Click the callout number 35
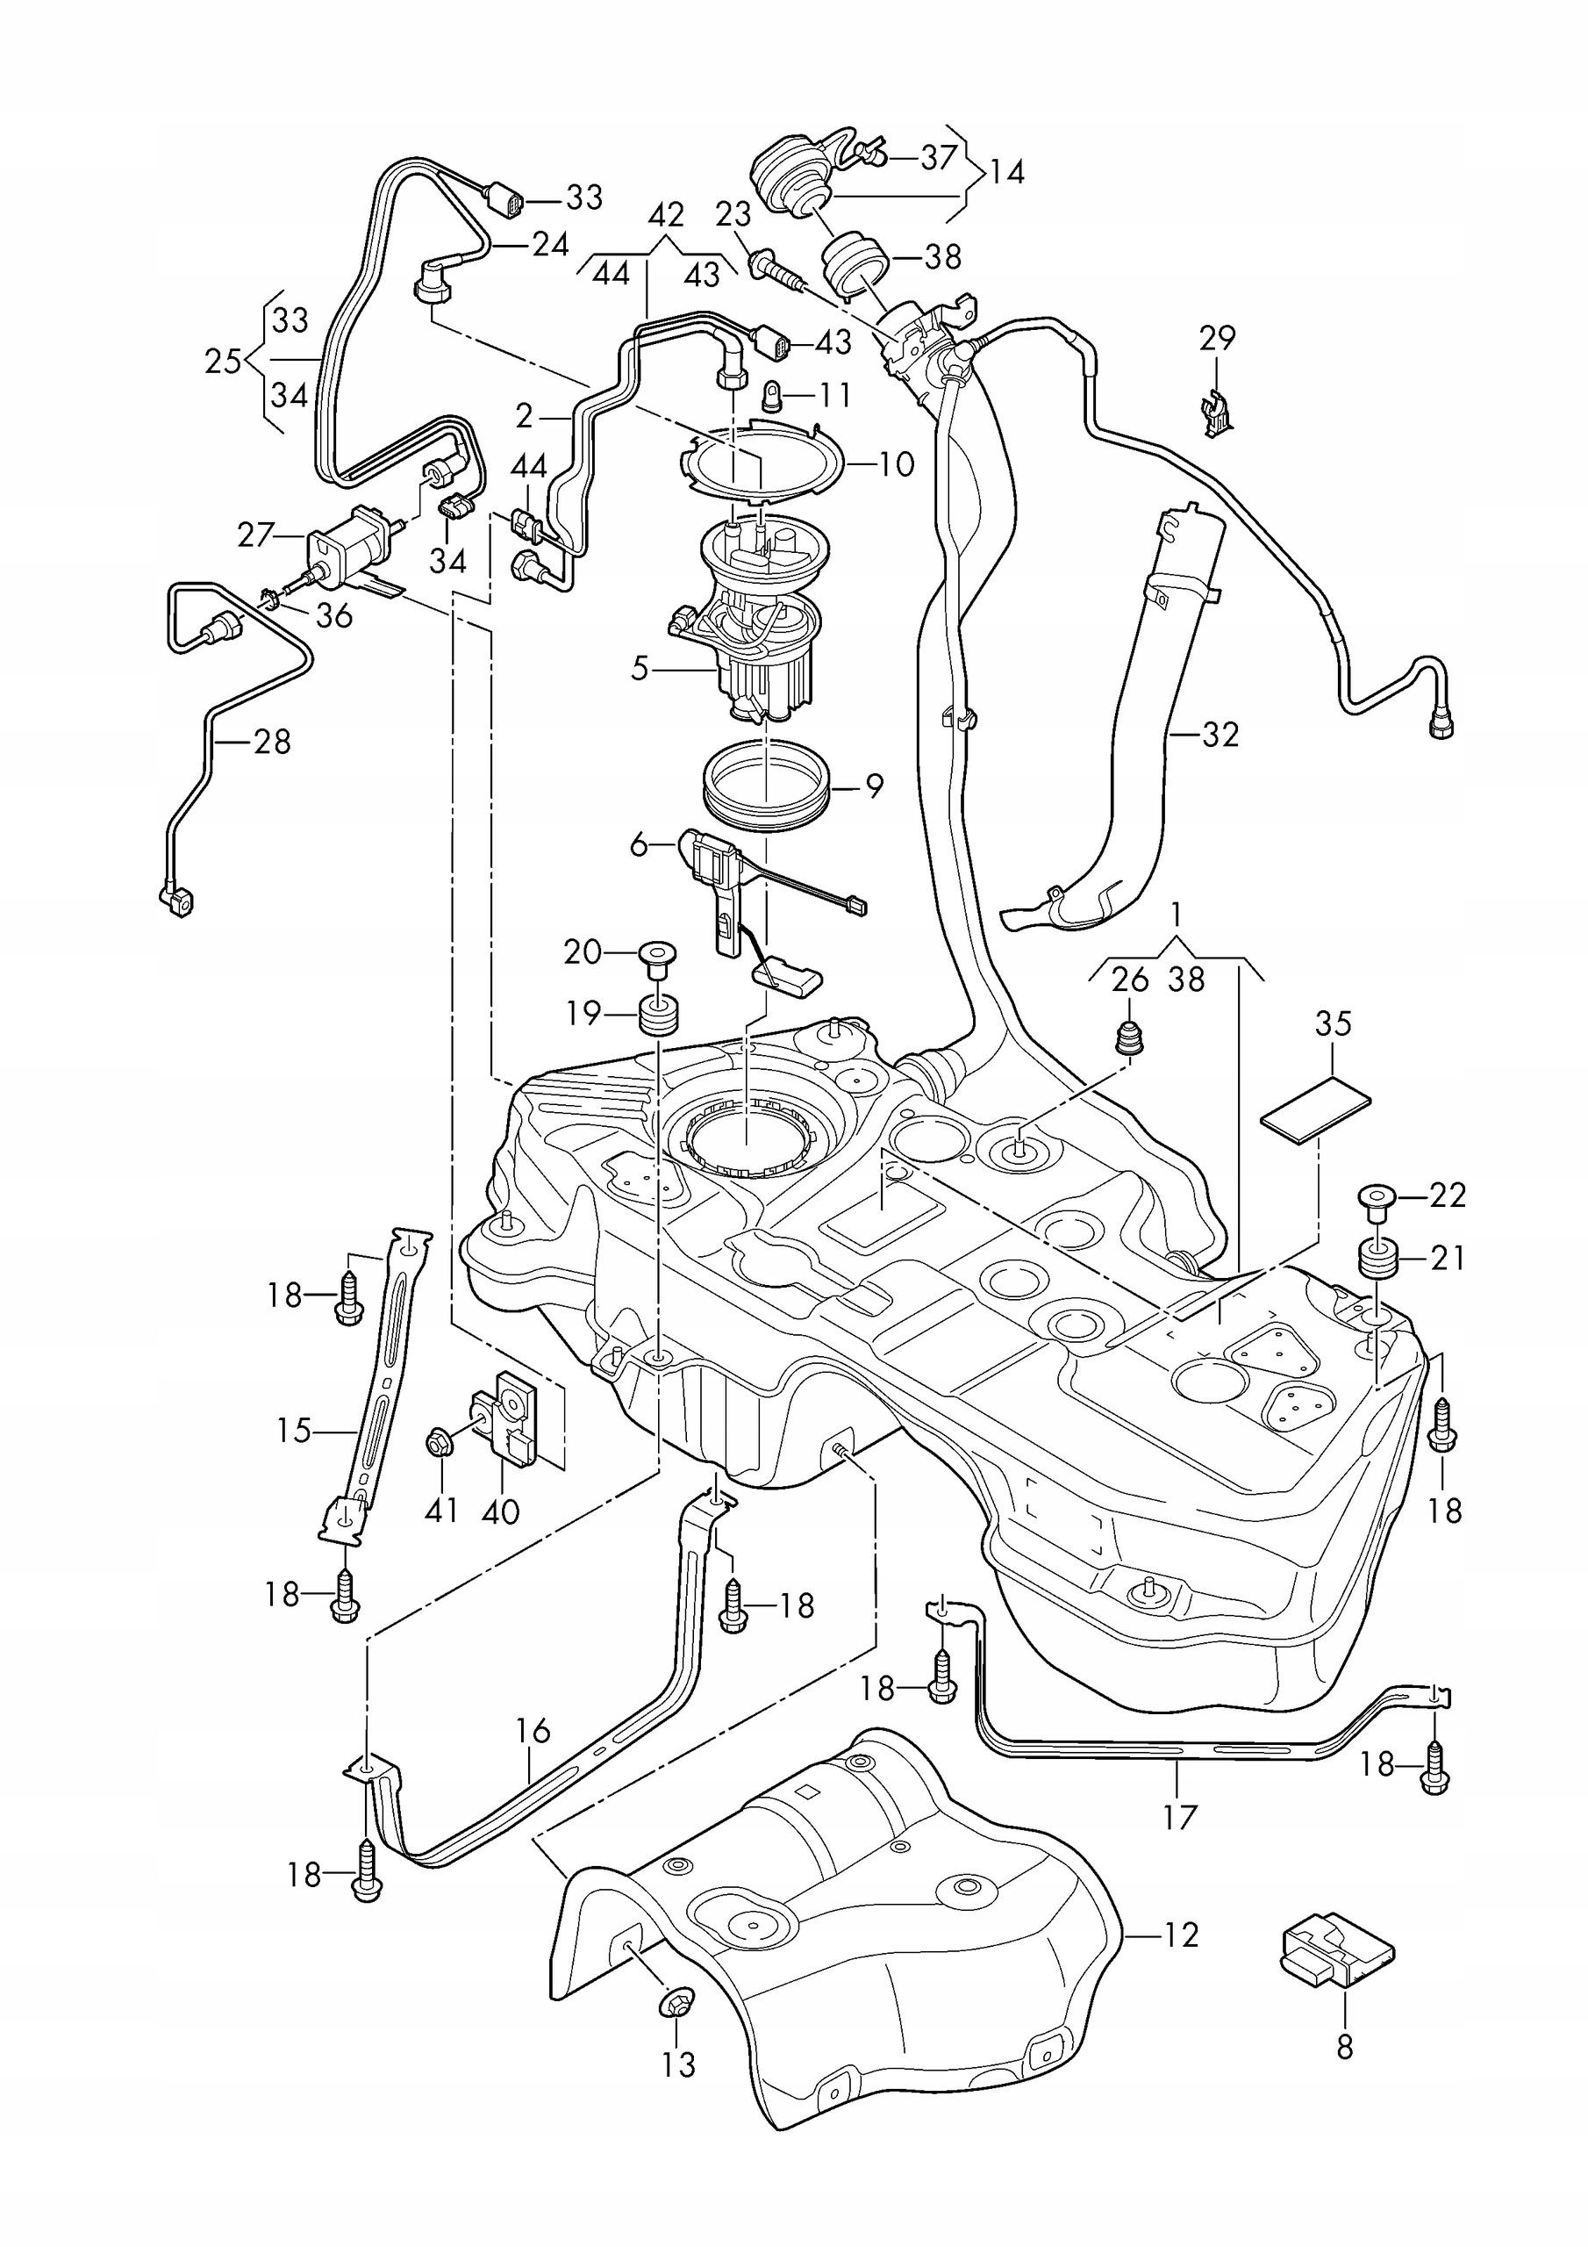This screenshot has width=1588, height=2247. (1333, 1023)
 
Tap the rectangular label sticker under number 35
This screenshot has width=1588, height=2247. (1314, 1109)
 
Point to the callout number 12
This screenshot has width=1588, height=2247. (1181, 1935)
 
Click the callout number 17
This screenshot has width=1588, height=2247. (1180, 1816)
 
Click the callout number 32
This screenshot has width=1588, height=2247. (1220, 734)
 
